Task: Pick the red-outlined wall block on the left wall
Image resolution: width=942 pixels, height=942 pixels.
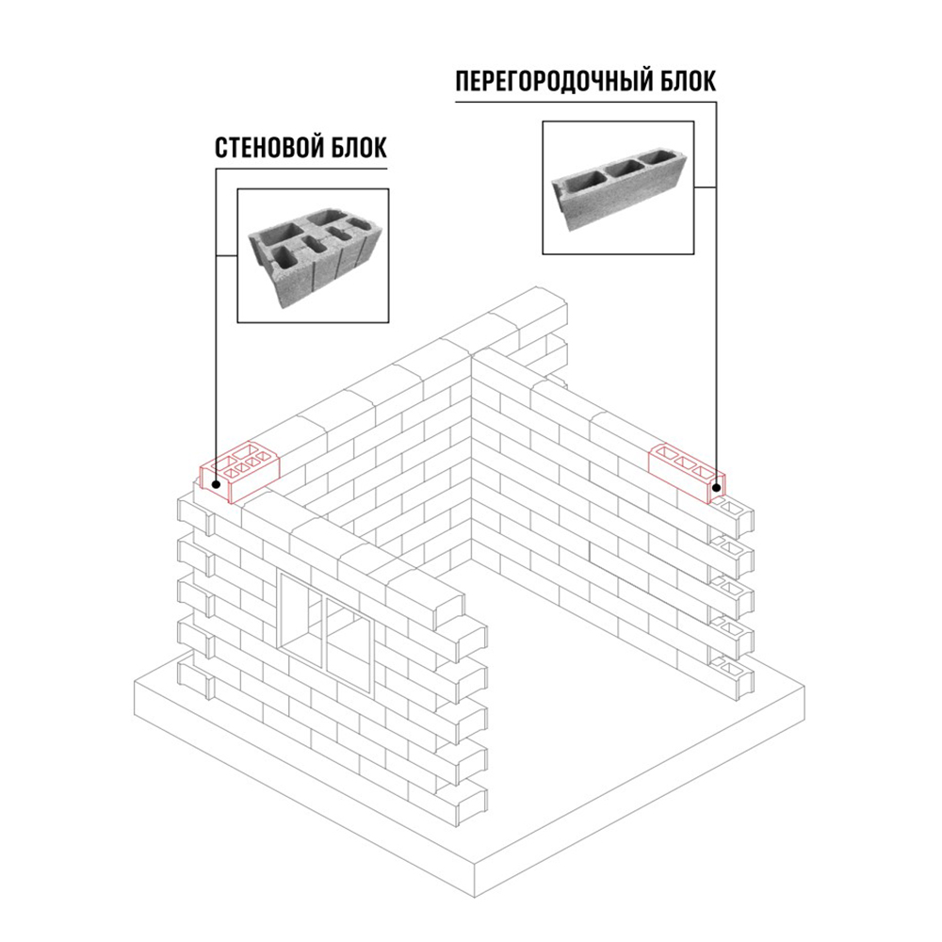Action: pyautogui.click(x=240, y=472)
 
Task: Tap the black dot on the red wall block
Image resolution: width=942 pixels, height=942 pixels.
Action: pyautogui.click(x=215, y=482)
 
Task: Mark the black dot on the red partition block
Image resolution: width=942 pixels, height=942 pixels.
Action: pyautogui.click(x=716, y=488)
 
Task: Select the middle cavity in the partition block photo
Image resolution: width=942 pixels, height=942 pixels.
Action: pyautogui.click(x=623, y=168)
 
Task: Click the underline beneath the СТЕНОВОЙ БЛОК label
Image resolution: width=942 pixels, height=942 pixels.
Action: pyautogui.click(x=301, y=169)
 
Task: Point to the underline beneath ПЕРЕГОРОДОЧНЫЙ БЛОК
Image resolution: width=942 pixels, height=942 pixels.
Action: pyautogui.click(x=586, y=102)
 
